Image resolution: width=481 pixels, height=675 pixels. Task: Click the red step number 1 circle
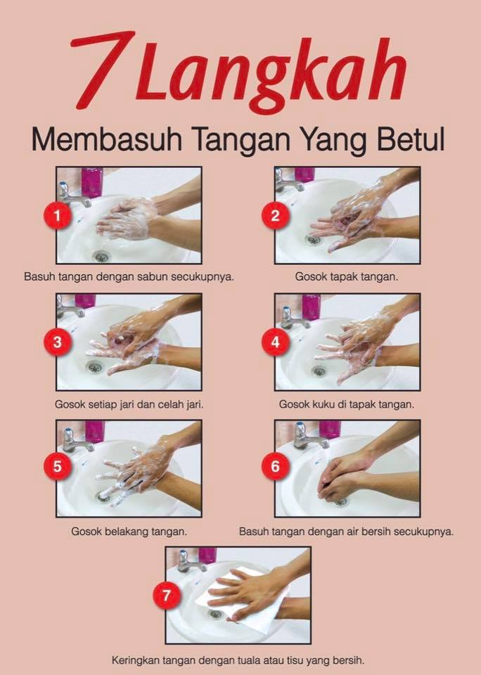pyautogui.click(x=57, y=215)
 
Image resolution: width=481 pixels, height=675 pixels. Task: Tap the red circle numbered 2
pyautogui.click(x=276, y=215)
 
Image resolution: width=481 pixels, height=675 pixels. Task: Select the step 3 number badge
pyautogui.click(x=57, y=342)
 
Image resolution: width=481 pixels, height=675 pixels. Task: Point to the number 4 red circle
pyautogui.click(x=276, y=342)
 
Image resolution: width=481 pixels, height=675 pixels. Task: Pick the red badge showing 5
pyautogui.click(x=57, y=465)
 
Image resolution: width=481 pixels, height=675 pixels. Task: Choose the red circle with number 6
pyautogui.click(x=276, y=465)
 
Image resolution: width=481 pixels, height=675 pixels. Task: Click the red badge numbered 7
pyautogui.click(x=167, y=596)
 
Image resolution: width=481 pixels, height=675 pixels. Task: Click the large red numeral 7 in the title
pyautogui.click(x=103, y=69)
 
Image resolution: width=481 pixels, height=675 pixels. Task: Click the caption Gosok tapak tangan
pyautogui.click(x=347, y=277)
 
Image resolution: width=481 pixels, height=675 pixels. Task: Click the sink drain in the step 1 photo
pyautogui.click(x=102, y=257)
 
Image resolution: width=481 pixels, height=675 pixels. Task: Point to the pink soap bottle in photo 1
pyautogui.click(x=92, y=181)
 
